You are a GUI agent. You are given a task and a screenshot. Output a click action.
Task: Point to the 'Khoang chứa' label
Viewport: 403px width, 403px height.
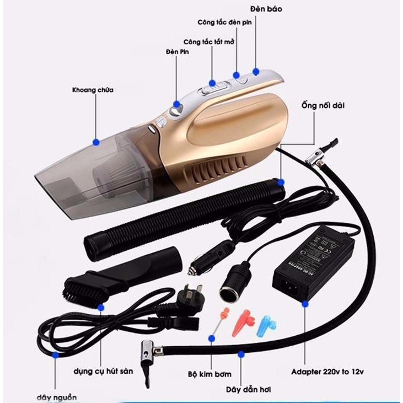pyautogui.click(x=93, y=90)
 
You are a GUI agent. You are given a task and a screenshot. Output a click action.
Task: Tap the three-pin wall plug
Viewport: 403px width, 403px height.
pyautogui.click(x=184, y=301)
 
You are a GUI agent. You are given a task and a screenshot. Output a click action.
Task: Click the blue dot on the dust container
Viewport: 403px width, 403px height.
pyautogui.click(x=96, y=142)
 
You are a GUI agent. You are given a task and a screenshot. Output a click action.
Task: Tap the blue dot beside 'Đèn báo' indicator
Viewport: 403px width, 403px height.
pyautogui.click(x=256, y=72)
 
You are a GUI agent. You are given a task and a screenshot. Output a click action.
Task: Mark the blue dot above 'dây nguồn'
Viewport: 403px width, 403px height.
pyautogui.click(x=56, y=356)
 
